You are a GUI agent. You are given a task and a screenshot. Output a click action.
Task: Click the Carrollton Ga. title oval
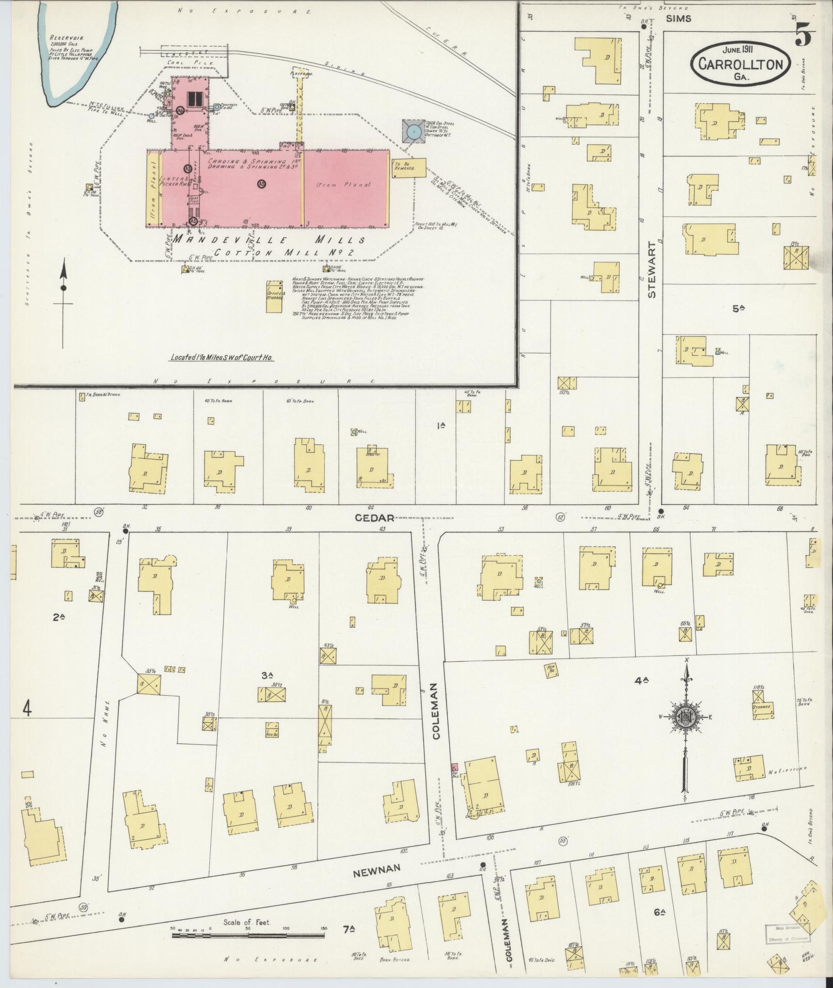(741, 64)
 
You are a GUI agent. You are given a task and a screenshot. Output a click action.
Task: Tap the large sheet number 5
(804, 34)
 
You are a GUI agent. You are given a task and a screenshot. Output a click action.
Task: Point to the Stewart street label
(651, 270)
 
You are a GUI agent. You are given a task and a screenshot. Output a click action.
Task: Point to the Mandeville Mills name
(269, 240)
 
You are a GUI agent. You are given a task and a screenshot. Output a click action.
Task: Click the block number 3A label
(266, 675)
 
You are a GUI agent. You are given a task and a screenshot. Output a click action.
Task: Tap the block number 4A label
(641, 681)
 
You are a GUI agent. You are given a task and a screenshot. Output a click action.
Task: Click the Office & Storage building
(274, 296)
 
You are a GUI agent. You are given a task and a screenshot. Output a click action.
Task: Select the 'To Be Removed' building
(409, 168)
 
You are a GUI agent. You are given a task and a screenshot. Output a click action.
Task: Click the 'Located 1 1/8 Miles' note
(222, 357)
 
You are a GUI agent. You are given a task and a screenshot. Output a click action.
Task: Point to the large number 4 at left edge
(27, 709)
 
